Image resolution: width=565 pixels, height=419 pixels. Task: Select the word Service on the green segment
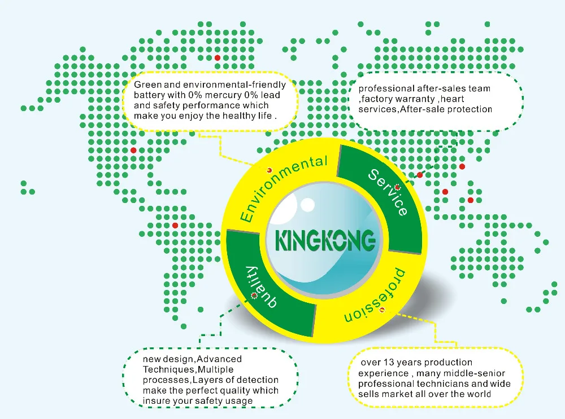[389, 192]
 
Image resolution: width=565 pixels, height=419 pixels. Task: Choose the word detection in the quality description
[258, 380]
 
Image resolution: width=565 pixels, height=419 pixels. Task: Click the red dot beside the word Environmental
[270, 169]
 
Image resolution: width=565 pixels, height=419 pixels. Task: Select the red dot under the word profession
[383, 310]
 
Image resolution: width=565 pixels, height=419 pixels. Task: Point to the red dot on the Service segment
[397, 187]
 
